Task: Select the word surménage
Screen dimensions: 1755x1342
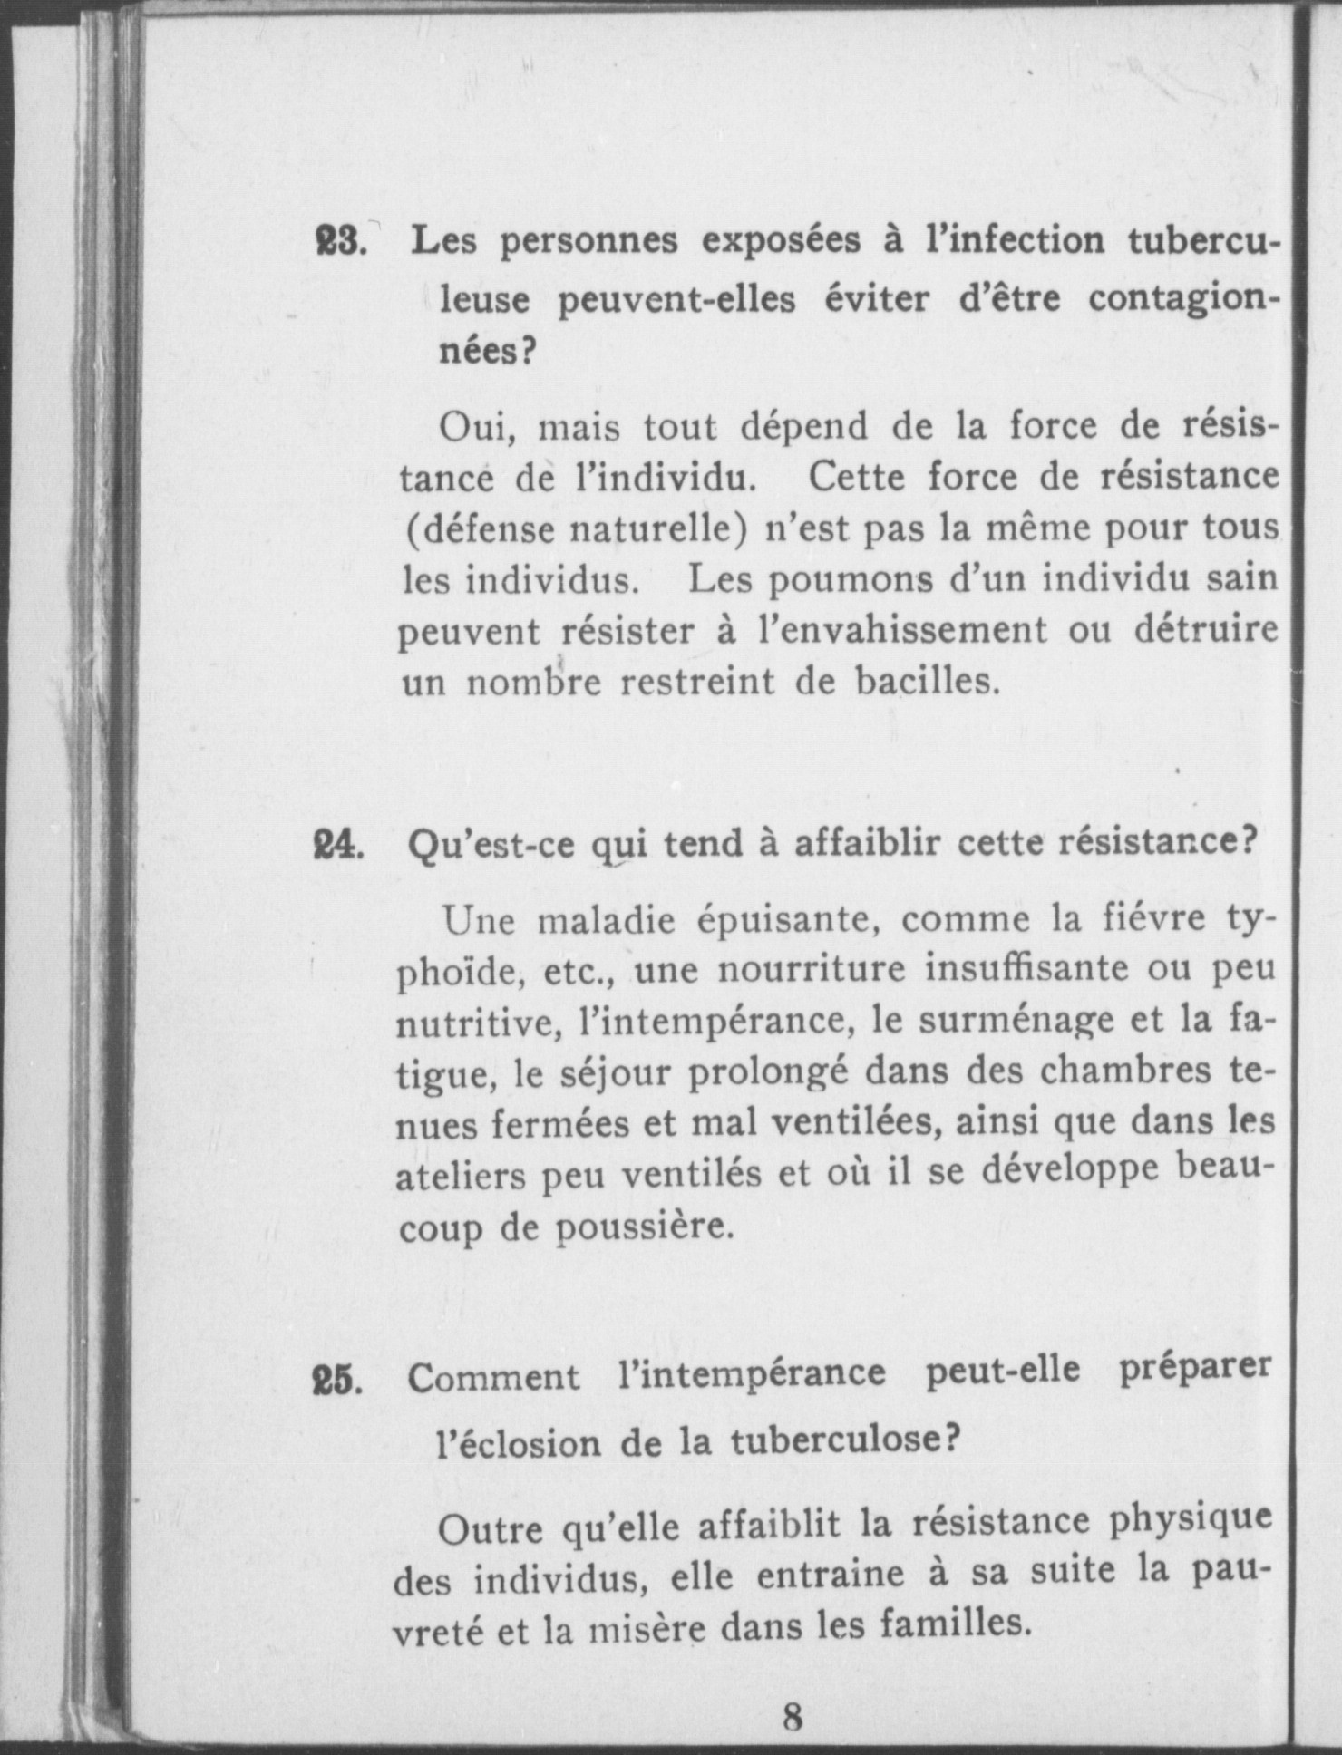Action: point(989,1023)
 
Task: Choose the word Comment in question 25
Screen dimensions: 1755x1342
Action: point(493,1379)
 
